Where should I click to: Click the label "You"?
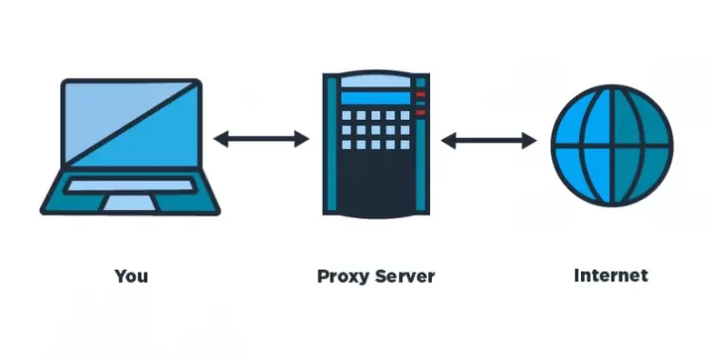point(131,276)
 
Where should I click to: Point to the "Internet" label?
point(611,275)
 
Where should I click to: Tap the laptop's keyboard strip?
point(129,186)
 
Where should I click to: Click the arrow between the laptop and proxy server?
point(261,140)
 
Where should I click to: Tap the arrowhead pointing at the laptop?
point(219,140)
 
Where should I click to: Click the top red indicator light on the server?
point(422,94)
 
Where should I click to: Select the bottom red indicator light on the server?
point(422,113)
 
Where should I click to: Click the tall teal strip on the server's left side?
point(331,142)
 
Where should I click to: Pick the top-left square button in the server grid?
point(347,116)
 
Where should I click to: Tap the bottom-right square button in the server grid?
point(403,145)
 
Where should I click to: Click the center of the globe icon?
point(611,144)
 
